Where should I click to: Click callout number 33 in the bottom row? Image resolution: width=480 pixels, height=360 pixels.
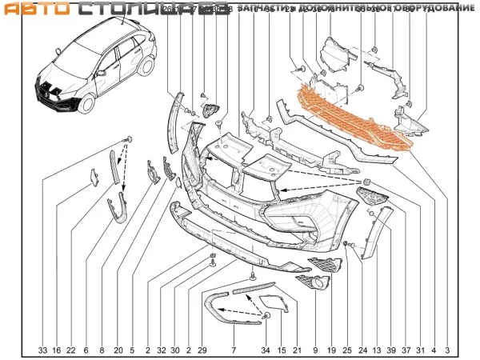tap(43, 350)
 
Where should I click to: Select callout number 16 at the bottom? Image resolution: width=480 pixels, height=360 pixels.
tap(57, 350)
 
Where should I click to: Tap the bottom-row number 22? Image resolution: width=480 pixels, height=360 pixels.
tap(71, 350)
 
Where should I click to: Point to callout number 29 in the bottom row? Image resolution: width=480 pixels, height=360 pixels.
tap(202, 350)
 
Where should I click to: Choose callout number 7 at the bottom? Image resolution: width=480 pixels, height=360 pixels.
tap(234, 350)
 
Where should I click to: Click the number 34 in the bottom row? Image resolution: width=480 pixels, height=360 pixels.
tap(266, 350)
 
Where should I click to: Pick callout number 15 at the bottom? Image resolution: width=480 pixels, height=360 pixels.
tap(282, 350)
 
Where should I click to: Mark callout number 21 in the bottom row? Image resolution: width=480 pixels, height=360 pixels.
tap(297, 350)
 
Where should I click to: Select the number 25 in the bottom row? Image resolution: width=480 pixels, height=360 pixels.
tap(346, 350)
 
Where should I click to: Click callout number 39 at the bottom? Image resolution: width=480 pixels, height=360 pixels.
tap(391, 350)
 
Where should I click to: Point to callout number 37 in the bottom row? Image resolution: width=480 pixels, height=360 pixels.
tap(406, 350)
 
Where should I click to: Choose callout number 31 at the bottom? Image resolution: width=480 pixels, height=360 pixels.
tap(421, 350)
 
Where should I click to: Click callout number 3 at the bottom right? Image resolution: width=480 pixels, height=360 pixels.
tap(448, 350)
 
